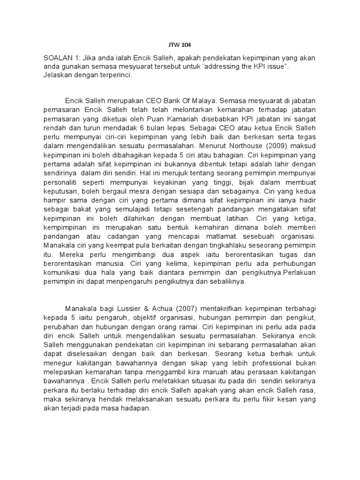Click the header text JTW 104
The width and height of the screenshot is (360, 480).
180,45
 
